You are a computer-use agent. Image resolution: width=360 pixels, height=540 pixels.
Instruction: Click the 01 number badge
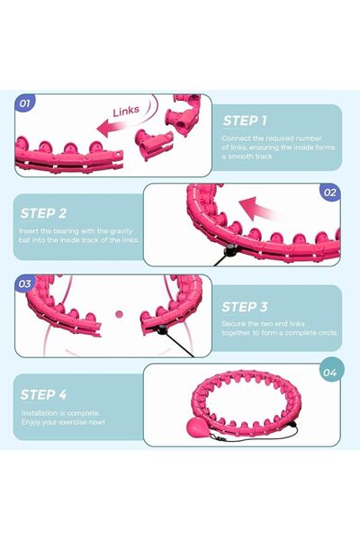coord(25,103)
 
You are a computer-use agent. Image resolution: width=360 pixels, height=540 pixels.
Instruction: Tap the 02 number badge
coord(329,193)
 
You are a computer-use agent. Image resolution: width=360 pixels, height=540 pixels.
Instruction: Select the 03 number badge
coord(25,284)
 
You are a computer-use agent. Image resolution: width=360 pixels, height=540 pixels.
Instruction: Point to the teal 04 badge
coord(329,373)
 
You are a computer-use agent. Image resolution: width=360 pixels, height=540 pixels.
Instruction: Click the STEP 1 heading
coord(245,121)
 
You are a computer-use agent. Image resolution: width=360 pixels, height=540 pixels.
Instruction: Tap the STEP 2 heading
coord(43,213)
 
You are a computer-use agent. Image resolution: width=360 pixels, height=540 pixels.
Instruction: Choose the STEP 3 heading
coord(245,307)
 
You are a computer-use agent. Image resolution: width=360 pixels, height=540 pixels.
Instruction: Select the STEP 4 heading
coord(43,395)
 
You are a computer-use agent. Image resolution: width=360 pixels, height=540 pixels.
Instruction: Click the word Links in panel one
coord(126,111)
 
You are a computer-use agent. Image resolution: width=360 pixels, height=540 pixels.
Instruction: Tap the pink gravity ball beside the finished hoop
coord(198,427)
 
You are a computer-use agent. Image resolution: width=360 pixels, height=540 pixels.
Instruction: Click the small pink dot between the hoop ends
coord(119,314)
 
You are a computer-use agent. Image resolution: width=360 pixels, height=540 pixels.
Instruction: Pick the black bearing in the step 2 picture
coord(229,250)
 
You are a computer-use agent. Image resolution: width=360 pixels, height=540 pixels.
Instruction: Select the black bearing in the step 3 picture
coord(162,330)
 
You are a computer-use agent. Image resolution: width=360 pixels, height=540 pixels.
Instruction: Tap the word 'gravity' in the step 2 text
coord(118,231)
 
